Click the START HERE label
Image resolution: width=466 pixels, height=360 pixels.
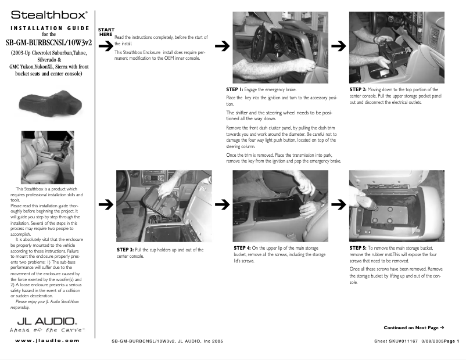106,32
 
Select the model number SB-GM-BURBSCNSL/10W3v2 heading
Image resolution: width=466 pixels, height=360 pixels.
49,42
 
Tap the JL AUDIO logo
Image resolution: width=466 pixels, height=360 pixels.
46,321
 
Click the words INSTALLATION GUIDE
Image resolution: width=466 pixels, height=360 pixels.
49,28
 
